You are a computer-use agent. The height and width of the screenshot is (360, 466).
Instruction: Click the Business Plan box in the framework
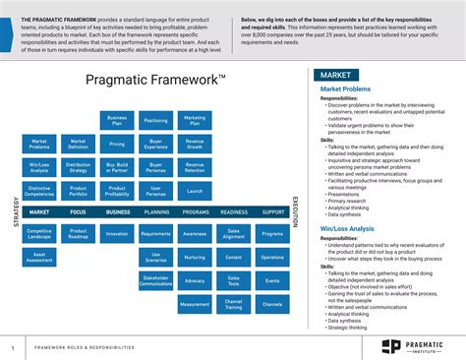point(117,121)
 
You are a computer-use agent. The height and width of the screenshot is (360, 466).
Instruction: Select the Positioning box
point(156,121)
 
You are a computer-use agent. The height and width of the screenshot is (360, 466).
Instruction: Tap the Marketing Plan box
point(195,121)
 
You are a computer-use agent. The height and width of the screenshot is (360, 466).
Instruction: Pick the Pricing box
point(117,144)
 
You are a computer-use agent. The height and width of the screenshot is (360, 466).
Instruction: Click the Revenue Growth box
point(195,144)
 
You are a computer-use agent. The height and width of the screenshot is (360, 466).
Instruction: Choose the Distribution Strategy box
point(79,166)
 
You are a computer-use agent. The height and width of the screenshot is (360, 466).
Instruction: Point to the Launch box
point(195,190)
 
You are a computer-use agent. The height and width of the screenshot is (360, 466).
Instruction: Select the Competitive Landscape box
point(39,234)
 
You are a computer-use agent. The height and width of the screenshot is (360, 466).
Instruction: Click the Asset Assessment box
point(39,257)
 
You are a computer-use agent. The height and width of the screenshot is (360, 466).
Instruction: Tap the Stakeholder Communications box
point(156,282)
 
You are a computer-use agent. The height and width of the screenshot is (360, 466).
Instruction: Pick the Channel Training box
point(234,304)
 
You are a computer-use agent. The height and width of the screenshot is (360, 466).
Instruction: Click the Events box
point(272,280)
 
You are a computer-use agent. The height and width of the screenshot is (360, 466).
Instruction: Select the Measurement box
point(195,304)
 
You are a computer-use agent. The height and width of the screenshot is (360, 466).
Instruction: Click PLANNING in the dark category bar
point(156,211)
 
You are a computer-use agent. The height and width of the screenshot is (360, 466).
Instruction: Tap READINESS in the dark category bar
point(234,211)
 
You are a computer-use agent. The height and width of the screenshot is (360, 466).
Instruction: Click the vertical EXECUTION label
point(295,211)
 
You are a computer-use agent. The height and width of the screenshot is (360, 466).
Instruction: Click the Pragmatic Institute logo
point(412,346)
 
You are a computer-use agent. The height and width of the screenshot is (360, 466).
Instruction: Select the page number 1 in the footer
point(13,347)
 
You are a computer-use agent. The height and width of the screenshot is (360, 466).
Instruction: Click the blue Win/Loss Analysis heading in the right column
point(343,229)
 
